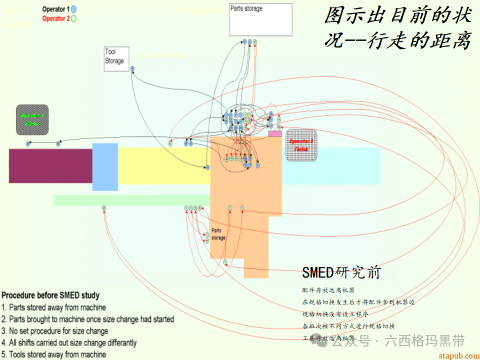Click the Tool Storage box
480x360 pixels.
116,59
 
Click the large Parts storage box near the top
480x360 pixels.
260,20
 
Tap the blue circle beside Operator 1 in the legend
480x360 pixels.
73,9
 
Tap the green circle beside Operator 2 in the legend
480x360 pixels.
73,18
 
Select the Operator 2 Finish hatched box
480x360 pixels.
301,145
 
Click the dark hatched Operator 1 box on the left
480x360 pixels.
32,119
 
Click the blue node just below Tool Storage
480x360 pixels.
132,68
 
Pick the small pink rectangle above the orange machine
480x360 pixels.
274,133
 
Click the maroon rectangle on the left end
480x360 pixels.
50,165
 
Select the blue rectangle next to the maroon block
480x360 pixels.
105,166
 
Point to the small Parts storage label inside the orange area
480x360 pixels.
218,234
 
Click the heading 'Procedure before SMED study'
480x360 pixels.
50,295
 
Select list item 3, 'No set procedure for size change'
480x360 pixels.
55,331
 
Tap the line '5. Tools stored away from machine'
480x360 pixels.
54,354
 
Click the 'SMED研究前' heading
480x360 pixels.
341,272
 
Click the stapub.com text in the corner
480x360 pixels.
457,355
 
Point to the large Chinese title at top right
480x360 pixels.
397,28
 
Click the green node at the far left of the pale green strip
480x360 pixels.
103,207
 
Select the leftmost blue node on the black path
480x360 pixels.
28,144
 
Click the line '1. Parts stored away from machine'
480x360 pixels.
54,307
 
